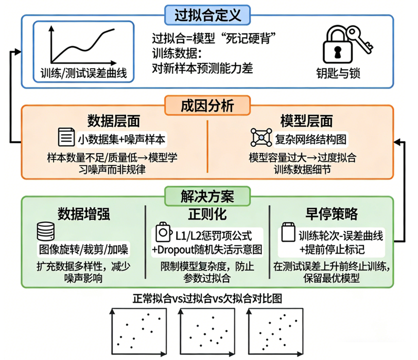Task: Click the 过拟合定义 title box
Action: [x=209, y=14]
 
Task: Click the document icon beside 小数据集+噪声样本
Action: [x=65, y=138]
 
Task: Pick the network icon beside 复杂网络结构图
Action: [x=261, y=138]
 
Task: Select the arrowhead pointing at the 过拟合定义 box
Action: [x=18, y=52]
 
